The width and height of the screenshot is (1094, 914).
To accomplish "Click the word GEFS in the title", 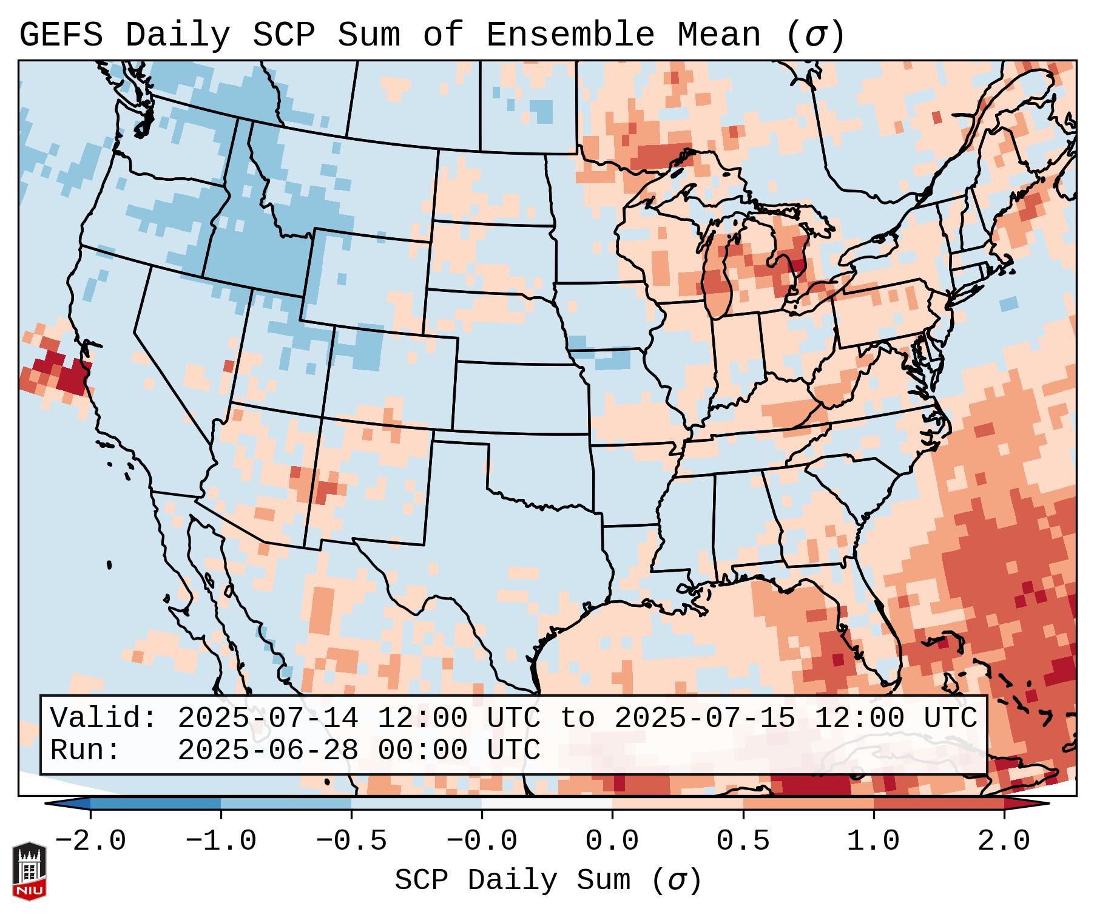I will click(x=61, y=35).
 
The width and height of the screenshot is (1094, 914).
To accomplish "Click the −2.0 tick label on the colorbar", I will click(x=90, y=841).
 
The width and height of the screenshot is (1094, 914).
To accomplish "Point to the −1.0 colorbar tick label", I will click(x=221, y=841).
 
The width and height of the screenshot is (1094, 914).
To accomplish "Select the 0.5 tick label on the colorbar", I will click(x=743, y=841).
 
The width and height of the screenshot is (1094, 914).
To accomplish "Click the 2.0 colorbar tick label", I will click(x=1004, y=841).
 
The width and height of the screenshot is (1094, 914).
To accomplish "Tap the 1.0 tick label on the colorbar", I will click(x=873, y=841).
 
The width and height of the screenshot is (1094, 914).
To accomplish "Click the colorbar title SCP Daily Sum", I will click(x=513, y=880).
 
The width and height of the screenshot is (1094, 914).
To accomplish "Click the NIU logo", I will click(x=29, y=871).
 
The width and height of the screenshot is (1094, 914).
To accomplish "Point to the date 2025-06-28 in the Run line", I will click(x=268, y=750).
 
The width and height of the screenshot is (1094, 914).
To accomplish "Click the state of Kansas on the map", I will click(x=519, y=398).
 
